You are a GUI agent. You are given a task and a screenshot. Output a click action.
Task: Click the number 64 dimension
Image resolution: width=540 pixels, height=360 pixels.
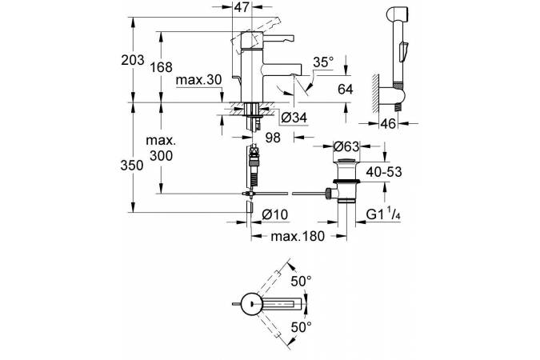pos(345,90)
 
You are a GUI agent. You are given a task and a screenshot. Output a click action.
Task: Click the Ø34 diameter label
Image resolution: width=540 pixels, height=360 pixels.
pos(295,118)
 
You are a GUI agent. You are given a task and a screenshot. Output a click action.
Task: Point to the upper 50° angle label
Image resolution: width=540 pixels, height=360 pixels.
pos(301,282)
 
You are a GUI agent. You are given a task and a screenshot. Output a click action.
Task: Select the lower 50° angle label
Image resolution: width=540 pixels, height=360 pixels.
pos(301,327)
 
